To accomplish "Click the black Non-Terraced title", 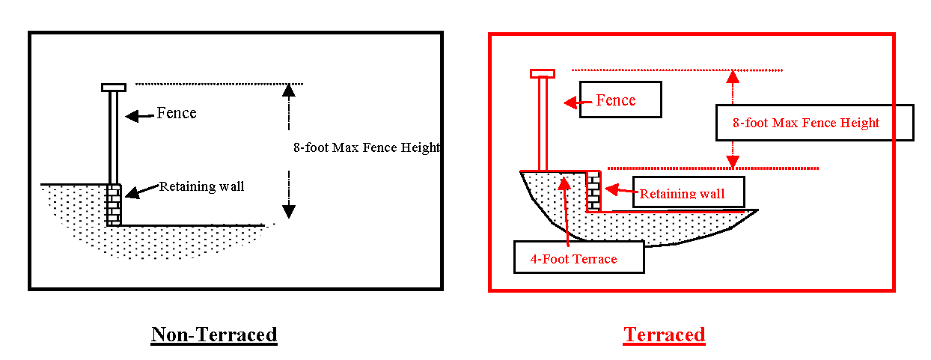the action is pyautogui.click(x=214, y=335).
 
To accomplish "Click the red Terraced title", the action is pyautogui.click(x=664, y=335).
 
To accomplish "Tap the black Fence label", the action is pyautogui.click(x=177, y=113).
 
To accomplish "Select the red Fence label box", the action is pyautogui.click(x=620, y=100).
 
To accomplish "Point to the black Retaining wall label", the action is pyautogui.click(x=201, y=186).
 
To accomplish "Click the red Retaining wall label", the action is pyautogui.click(x=689, y=193).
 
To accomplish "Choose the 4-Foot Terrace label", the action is pyautogui.click(x=579, y=258).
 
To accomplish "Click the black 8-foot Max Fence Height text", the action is pyautogui.click(x=366, y=147).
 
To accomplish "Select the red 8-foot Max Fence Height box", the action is pyautogui.click(x=814, y=123).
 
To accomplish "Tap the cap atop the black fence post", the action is pyautogui.click(x=114, y=88).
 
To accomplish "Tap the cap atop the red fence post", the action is pyautogui.click(x=543, y=73).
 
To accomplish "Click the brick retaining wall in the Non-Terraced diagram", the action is pyautogui.click(x=113, y=204).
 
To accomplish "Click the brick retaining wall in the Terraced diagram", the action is pyautogui.click(x=593, y=192).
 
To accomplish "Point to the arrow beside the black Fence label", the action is pyautogui.click(x=139, y=115).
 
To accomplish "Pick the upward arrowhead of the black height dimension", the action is pyautogui.click(x=287, y=91).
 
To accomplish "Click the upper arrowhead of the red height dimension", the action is pyautogui.click(x=733, y=76).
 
